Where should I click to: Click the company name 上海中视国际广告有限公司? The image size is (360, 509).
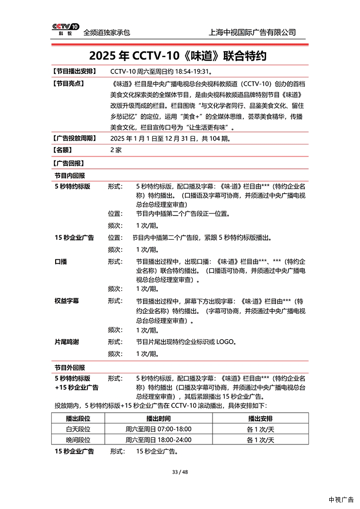253,32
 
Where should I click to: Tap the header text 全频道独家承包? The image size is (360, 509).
107,33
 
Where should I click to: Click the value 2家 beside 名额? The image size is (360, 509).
116,150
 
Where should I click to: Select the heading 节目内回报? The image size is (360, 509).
70,176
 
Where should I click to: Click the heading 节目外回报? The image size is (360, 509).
70,367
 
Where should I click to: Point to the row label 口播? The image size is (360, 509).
61,261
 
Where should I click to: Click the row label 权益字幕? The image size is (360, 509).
67,301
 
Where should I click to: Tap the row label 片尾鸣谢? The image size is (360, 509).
67,342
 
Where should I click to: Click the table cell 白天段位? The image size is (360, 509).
78,429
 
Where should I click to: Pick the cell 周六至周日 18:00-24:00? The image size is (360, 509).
158,440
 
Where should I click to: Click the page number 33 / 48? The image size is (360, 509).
180,472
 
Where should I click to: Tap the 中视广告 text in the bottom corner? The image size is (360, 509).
341,500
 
